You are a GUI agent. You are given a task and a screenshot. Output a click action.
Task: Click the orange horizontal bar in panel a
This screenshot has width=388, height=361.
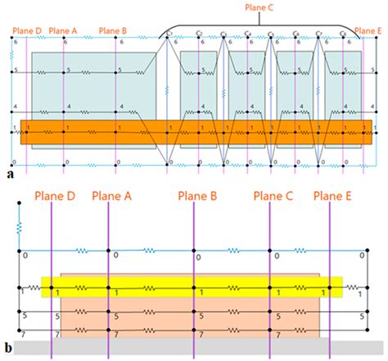click(196, 130)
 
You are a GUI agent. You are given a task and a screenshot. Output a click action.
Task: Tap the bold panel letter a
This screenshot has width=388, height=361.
click(9, 174)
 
